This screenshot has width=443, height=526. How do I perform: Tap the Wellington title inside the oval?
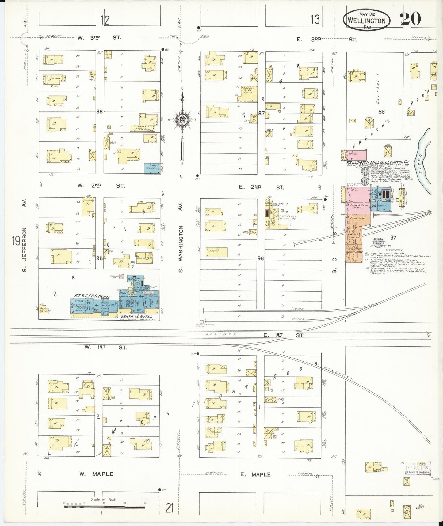coord(366,21)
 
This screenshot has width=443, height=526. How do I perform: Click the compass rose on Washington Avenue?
coord(182,119)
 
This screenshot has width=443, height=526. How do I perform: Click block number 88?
coord(99,111)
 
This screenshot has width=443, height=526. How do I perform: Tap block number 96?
coord(261,258)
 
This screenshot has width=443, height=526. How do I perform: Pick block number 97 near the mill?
coord(393,237)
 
